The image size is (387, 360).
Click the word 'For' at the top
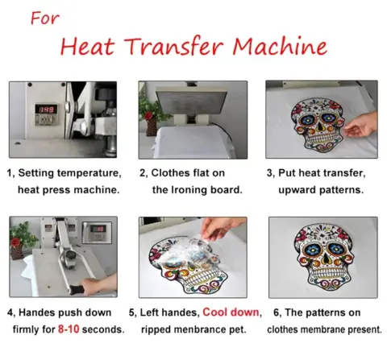click(x=45, y=19)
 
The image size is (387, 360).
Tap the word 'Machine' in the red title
click(x=280, y=46)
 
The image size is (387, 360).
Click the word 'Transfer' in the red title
click(x=175, y=46)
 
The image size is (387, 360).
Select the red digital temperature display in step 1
click(x=46, y=110)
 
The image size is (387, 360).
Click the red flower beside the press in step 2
click(x=148, y=115)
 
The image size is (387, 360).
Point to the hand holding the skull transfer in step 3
click(x=361, y=126)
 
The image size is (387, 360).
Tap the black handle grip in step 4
click(x=77, y=290)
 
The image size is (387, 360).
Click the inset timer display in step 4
click(x=97, y=233)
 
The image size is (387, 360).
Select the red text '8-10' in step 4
click(x=69, y=329)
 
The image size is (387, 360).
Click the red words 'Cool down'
click(x=231, y=312)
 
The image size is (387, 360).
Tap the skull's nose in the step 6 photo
click(x=326, y=259)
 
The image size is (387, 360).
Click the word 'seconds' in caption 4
click(x=102, y=329)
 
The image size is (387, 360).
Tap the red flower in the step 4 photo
click(x=15, y=242)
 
